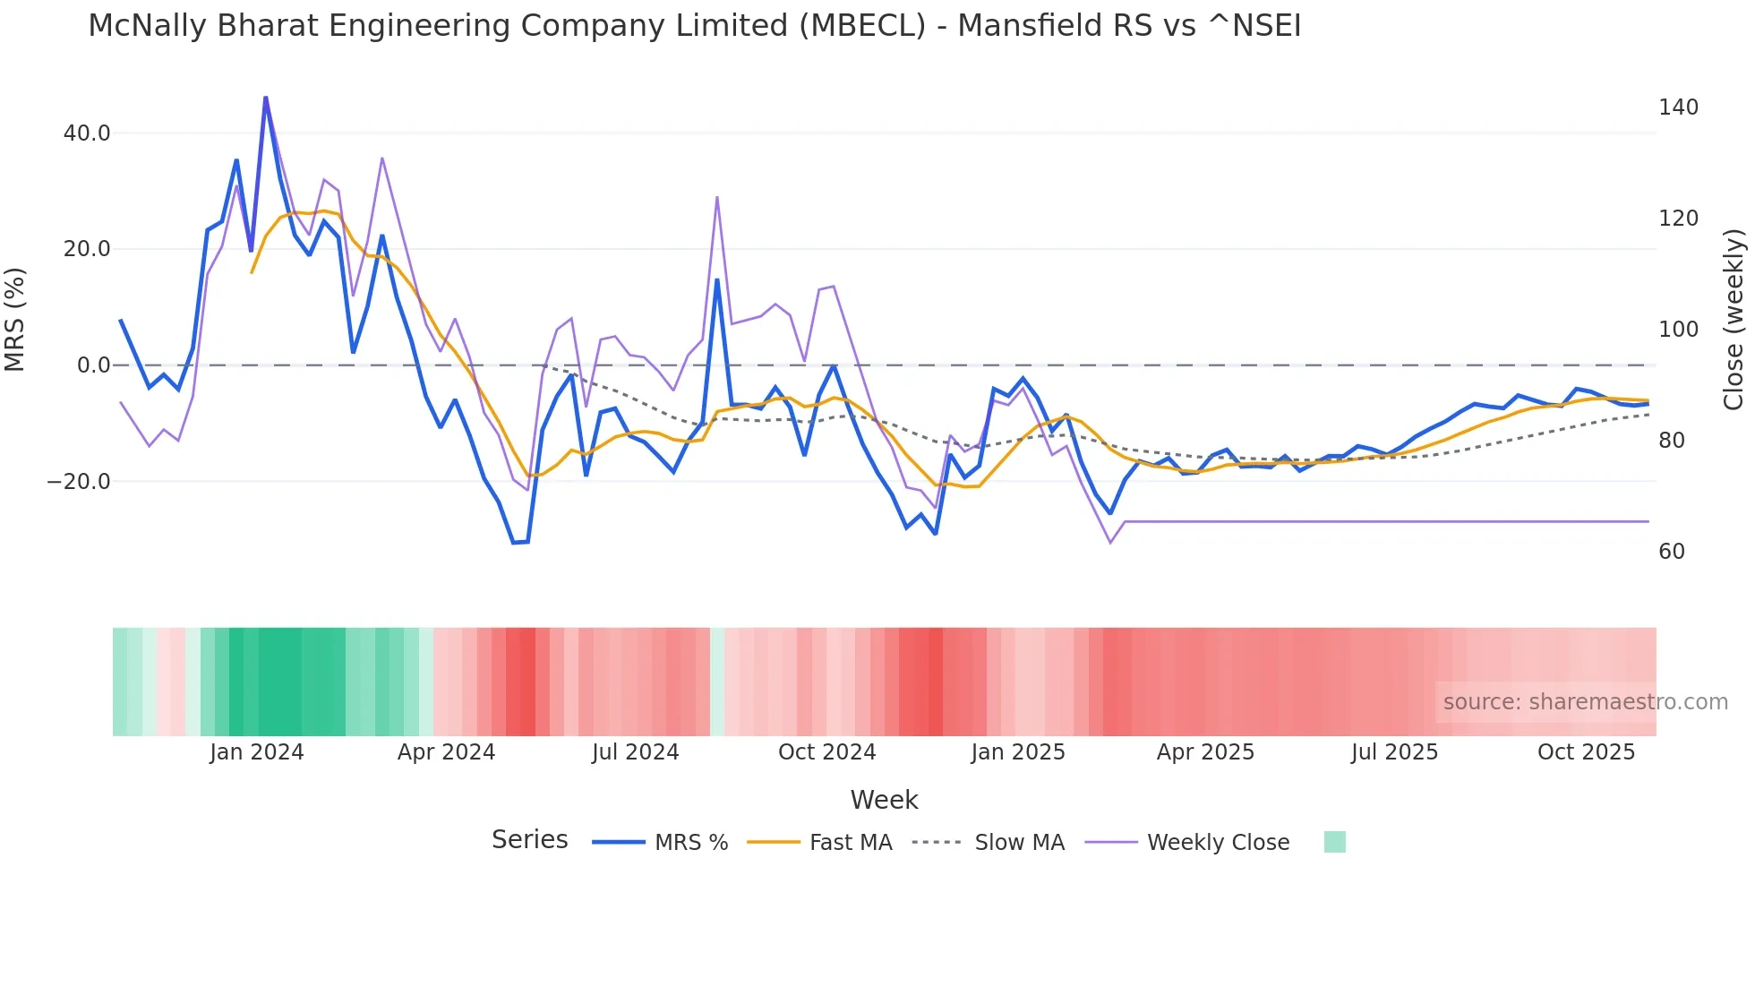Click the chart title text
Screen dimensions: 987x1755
pyautogui.click(x=694, y=26)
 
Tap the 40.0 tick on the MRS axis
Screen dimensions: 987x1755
pyautogui.click(x=87, y=133)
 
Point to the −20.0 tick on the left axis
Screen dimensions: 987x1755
pyautogui.click(x=79, y=482)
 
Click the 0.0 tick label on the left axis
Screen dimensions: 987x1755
pyautogui.click(x=93, y=365)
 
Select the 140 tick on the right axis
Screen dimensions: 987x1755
pyautogui.click(x=1678, y=107)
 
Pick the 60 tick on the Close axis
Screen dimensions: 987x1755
pyautogui.click(x=1671, y=552)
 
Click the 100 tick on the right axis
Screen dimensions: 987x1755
pyautogui.click(x=1678, y=330)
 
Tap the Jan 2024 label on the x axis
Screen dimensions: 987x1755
pyautogui.click(x=257, y=752)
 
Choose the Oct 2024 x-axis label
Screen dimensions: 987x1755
pyautogui.click(x=826, y=752)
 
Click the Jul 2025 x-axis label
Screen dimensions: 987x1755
pyautogui.click(x=1394, y=752)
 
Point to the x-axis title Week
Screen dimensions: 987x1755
pyautogui.click(x=884, y=800)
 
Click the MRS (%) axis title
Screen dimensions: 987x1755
pyautogui.click(x=15, y=320)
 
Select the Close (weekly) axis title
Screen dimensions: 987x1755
pyautogui.click(x=1734, y=320)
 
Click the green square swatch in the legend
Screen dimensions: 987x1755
pyautogui.click(x=1334, y=842)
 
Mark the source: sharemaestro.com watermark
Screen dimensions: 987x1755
pyautogui.click(x=1585, y=702)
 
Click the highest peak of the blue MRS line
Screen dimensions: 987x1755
pyautogui.click(x=266, y=98)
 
